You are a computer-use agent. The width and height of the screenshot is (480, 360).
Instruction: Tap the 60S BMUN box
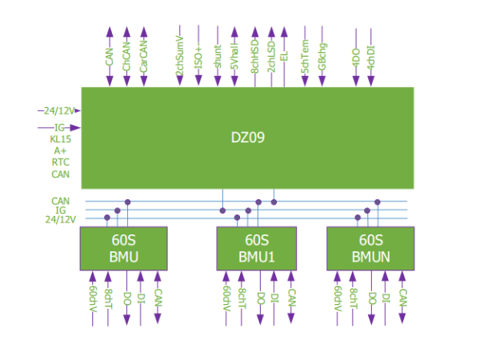click(x=371, y=248)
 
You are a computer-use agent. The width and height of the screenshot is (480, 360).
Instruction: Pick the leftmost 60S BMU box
click(x=124, y=248)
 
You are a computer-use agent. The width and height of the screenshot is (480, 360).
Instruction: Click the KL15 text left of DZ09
click(x=61, y=138)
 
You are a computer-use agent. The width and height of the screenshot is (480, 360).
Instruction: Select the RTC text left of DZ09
click(x=61, y=162)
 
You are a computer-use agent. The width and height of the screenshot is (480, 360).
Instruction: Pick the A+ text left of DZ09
click(x=61, y=150)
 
